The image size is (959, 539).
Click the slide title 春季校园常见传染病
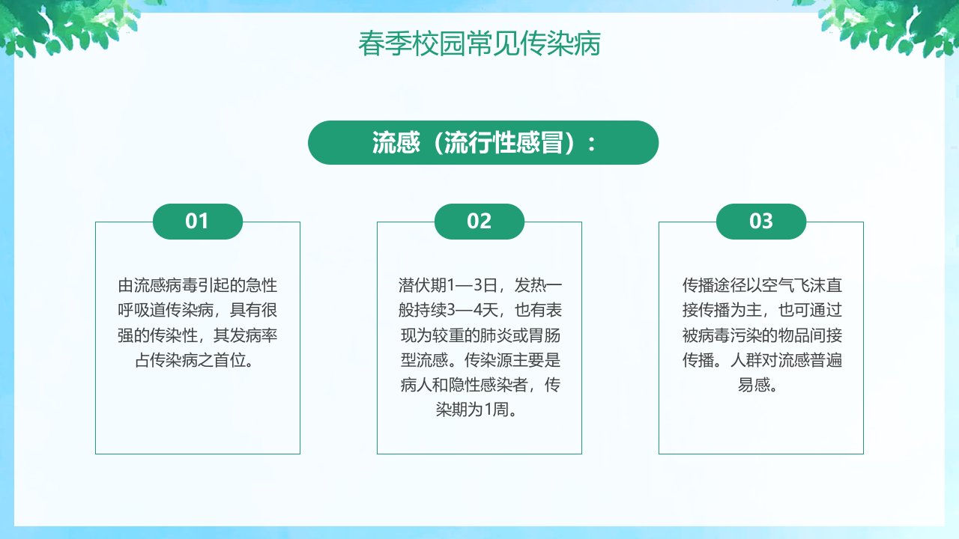[x=479, y=43]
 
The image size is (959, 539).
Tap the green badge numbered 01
[x=198, y=221]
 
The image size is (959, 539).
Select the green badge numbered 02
[x=479, y=221]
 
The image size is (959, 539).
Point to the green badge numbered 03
[x=761, y=221]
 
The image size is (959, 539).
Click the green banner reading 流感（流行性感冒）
[x=483, y=142]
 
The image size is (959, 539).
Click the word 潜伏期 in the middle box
[x=422, y=285]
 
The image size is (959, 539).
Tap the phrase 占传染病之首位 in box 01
[x=190, y=360]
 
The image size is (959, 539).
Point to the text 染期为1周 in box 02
[x=472, y=409]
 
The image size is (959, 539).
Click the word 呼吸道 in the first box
[x=142, y=310]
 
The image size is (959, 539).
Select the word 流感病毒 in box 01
[x=166, y=285]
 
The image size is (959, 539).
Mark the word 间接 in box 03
[x=826, y=335]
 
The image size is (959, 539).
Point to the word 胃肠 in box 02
[x=544, y=335]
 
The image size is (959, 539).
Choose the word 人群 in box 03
[x=746, y=360]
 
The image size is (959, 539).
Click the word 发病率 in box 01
[x=253, y=335]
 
